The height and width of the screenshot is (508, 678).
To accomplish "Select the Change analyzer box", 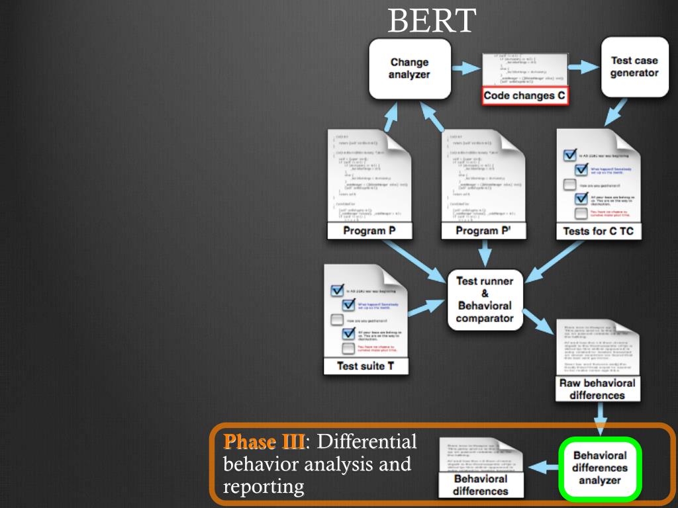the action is click(x=409, y=69).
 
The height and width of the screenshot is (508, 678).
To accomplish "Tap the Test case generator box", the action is click(x=634, y=67).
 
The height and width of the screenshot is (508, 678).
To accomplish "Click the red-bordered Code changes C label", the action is click(x=524, y=96).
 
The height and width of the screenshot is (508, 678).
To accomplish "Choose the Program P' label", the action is click(x=482, y=231).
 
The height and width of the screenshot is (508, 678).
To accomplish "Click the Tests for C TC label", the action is click(x=598, y=232).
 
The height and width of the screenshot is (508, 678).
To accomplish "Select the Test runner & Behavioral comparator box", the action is click(x=485, y=300).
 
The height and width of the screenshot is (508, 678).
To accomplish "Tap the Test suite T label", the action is click(x=365, y=366).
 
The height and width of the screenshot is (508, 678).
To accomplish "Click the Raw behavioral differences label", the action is click(x=597, y=389).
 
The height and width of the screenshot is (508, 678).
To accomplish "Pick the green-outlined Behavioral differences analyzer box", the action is click(x=599, y=468).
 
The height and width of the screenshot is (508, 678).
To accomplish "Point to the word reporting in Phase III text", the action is click(x=264, y=487).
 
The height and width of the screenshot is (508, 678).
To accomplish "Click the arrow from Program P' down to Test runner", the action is click(x=485, y=253).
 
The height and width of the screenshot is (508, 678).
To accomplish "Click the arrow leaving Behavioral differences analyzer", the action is click(x=542, y=468).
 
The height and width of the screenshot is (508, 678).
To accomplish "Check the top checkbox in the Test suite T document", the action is click(x=336, y=291).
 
